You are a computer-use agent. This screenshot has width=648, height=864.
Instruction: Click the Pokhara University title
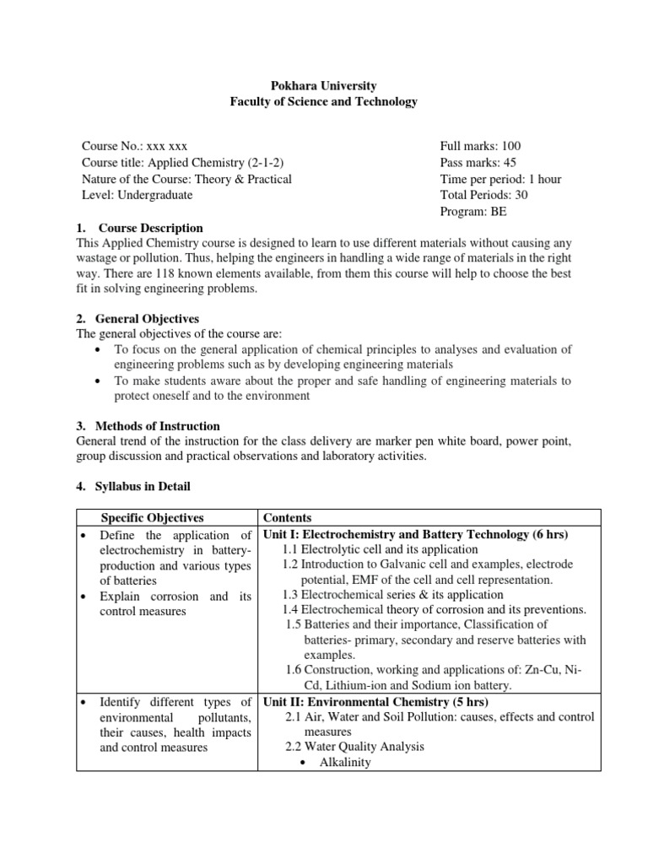(x=324, y=86)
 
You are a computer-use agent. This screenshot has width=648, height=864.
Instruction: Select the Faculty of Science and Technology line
(x=324, y=102)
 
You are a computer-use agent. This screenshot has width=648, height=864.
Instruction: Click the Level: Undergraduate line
(x=137, y=195)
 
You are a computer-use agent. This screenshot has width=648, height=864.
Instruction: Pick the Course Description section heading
(x=149, y=228)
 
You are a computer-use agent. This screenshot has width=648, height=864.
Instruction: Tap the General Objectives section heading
(x=148, y=319)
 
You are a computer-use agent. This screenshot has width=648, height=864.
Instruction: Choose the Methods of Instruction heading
(x=158, y=426)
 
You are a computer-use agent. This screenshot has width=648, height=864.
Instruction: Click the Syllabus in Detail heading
(x=143, y=486)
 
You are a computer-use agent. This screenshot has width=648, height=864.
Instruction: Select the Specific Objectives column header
(x=153, y=517)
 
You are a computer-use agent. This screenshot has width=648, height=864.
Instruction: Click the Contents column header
(x=287, y=517)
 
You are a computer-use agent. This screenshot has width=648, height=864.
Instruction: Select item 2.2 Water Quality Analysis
(x=354, y=747)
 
